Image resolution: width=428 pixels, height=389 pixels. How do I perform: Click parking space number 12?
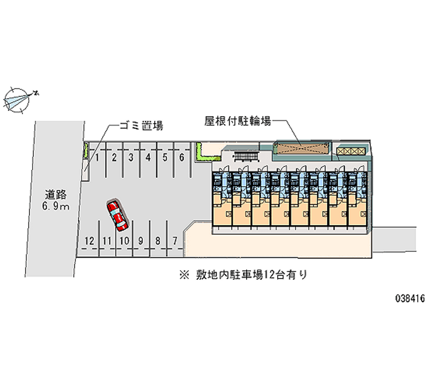pyautogui.click(x=89, y=241)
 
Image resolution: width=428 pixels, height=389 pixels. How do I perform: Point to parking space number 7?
pyautogui.click(x=175, y=241)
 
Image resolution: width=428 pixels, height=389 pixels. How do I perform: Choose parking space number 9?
pyautogui.click(x=141, y=241)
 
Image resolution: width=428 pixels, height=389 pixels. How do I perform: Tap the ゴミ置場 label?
pyautogui.click(x=141, y=126)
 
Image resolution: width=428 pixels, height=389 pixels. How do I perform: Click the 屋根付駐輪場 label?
pyautogui.click(x=238, y=121)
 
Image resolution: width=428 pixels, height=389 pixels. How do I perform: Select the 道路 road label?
pyautogui.click(x=56, y=195)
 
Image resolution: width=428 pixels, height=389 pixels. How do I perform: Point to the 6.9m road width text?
pyautogui.click(x=56, y=206)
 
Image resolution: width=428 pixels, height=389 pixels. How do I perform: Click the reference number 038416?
pyautogui.click(x=410, y=299)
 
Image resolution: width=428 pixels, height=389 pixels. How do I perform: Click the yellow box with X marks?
pyautogui.click(x=350, y=151)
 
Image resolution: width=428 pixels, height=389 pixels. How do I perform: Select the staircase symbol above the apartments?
pyautogui.click(x=246, y=157)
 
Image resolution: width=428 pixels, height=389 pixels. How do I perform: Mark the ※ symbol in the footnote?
pyautogui.click(x=184, y=275)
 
